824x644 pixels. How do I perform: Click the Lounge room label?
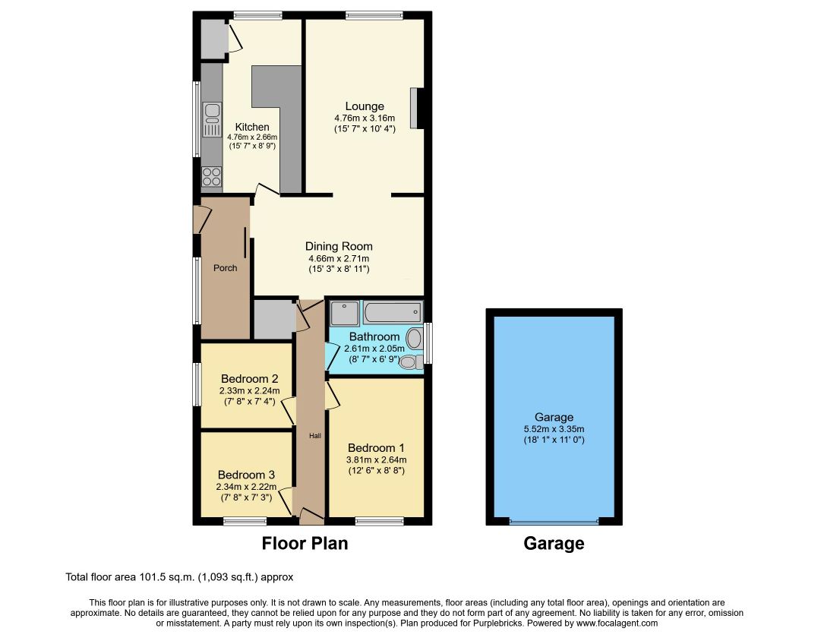pos(365,106)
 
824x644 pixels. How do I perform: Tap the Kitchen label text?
pos(252,127)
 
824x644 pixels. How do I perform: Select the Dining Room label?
pos(339,246)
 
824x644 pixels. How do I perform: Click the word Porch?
pos(225,268)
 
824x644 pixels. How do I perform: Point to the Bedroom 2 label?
pos(250,378)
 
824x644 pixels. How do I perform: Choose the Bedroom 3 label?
pos(247,475)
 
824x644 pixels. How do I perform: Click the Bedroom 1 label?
pos(376,448)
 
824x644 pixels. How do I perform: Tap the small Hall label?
pos(314,436)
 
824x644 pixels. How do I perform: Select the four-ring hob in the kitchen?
pos(212,176)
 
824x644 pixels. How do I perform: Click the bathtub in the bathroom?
pos(393,312)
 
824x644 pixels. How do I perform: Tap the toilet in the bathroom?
pos(412,361)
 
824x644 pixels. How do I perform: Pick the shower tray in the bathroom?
pos(344,314)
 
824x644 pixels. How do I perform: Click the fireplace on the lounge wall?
pos(416,108)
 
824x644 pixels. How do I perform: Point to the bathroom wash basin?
pos(414,339)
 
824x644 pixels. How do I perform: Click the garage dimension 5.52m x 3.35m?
pos(554,429)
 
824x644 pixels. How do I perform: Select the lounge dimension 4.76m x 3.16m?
pos(365,118)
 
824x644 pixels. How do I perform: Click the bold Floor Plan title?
pos(305,543)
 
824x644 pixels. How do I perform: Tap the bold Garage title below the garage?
pos(554,543)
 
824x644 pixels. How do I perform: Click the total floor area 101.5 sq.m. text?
pos(179,577)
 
